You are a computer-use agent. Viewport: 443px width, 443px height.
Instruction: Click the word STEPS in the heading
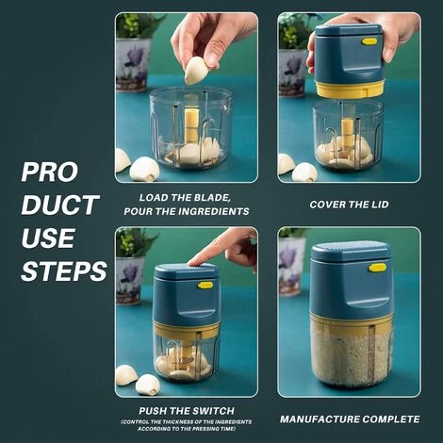point(64,271)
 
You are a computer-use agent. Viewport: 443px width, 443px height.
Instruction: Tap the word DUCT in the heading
point(59,205)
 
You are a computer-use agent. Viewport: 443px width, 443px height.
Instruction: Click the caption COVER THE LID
point(349,205)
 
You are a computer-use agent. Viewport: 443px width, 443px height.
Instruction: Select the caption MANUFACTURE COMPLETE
point(350,419)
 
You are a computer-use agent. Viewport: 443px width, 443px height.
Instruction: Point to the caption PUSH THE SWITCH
point(187,411)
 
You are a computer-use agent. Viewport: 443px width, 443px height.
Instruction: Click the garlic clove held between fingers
point(196,71)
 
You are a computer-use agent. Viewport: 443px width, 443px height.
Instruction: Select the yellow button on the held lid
point(369,41)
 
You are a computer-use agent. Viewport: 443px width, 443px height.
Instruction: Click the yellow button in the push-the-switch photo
point(205,286)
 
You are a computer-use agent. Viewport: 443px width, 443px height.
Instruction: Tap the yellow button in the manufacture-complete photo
point(378,268)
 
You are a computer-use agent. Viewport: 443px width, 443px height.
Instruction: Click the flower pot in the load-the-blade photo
point(132,65)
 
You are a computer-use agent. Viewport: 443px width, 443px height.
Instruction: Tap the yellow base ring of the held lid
point(351,89)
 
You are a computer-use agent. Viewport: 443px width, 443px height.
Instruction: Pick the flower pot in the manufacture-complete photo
point(291,267)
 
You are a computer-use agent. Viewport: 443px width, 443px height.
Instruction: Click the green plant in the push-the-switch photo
point(134,243)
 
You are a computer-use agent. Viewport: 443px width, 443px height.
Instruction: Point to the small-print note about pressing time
point(187,425)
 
